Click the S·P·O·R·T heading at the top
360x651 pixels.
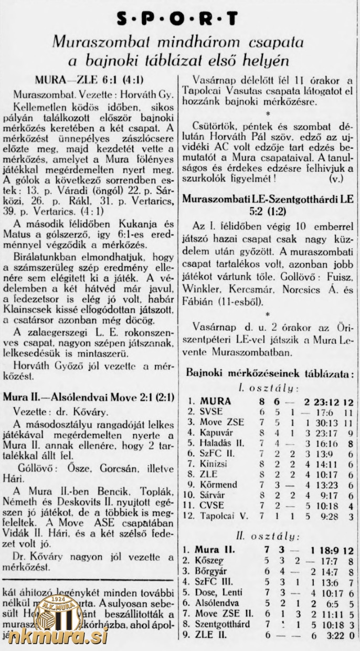[x=177, y=19]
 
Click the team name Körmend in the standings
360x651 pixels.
[x=218, y=484]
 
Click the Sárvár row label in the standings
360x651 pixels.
[x=215, y=495]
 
